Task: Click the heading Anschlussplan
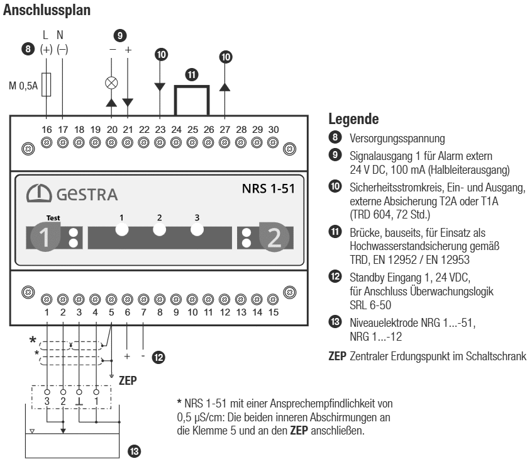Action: click(47, 11)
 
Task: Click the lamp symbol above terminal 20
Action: click(112, 81)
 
